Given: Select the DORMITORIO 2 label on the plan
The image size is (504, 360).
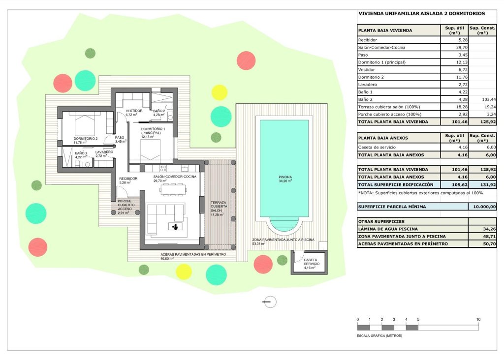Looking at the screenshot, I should (86, 139).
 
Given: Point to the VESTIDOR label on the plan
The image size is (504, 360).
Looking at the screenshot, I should (134, 111).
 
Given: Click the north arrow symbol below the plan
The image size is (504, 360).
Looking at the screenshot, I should (270, 302).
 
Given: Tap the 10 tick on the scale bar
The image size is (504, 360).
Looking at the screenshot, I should (478, 320).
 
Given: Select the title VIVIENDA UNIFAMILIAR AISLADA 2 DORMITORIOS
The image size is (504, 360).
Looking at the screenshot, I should (421, 14).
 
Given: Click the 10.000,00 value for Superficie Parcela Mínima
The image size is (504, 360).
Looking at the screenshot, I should (482, 207).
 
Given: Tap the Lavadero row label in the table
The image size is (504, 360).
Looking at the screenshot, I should (369, 85).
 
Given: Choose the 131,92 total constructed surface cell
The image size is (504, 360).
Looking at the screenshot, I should (482, 184).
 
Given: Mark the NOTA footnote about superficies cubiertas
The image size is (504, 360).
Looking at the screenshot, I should (414, 193).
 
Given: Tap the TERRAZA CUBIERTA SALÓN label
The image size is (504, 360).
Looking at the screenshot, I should (219, 206).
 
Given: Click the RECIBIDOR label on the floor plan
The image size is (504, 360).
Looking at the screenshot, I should (128, 179).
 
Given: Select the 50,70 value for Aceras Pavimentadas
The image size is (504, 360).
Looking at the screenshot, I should (482, 243).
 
